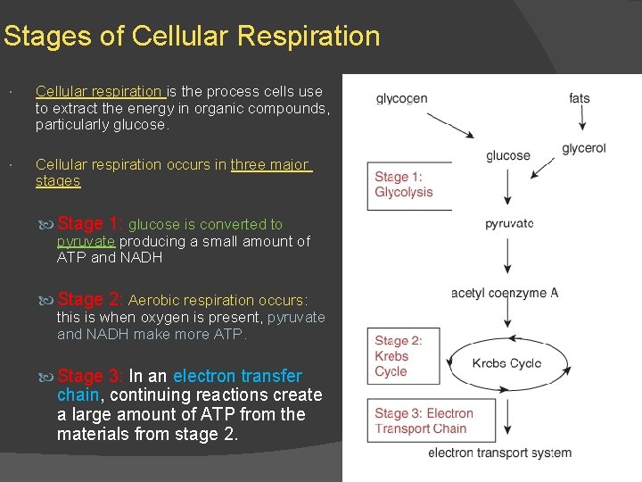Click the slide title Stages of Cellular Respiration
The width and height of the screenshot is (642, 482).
point(191,37)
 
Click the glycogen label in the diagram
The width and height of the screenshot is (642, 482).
point(401,98)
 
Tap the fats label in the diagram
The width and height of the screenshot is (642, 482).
point(580,98)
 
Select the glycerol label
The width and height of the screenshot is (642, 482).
point(584,148)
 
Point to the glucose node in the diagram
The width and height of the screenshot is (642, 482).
point(508,155)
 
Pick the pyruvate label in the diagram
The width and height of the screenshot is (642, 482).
point(509,223)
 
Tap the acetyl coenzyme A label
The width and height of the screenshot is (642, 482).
point(505,293)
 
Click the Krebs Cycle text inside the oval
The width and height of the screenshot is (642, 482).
point(506,363)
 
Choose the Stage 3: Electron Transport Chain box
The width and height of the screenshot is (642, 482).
point(424,420)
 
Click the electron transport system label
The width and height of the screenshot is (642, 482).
point(499,453)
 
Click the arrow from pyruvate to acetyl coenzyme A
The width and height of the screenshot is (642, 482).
point(508,256)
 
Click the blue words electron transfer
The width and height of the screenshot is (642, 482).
point(237,376)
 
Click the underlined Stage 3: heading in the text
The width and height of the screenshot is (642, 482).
point(91,376)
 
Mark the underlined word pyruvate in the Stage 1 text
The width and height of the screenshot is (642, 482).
point(86,241)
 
